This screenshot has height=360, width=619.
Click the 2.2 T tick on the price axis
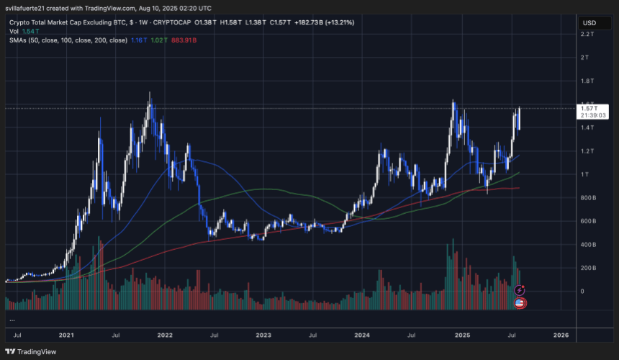click(589, 34)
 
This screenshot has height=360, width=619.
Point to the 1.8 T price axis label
click(589, 81)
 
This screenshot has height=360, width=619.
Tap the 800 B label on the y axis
click(589, 197)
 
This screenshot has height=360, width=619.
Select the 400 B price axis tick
click(589, 245)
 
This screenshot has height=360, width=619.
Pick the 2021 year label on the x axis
click(67, 335)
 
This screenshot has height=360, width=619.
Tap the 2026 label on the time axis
click(561, 335)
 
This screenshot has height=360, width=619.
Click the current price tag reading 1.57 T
click(587, 108)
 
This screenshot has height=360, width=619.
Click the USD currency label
click(587, 24)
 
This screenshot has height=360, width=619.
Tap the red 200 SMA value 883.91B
click(183, 40)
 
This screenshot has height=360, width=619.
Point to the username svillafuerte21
click(28, 7)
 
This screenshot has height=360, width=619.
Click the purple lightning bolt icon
click(520, 290)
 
